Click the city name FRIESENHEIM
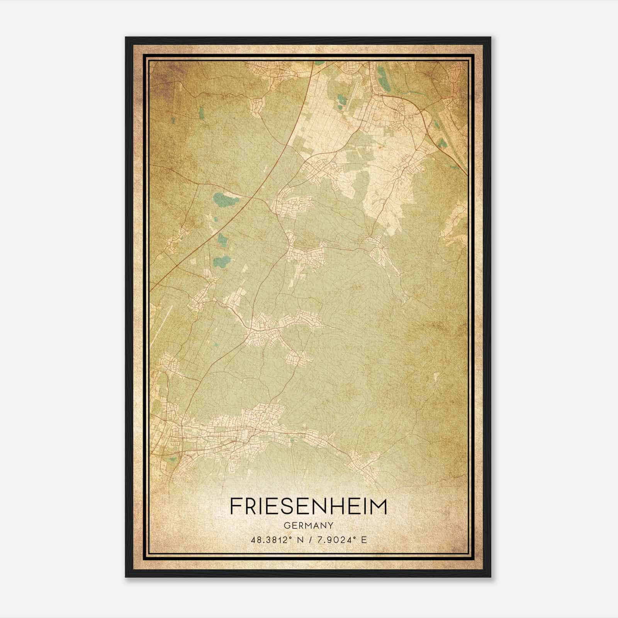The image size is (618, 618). (x=308, y=506)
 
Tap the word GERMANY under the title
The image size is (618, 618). (x=308, y=525)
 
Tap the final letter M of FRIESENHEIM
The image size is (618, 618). (x=378, y=506)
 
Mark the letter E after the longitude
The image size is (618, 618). (x=363, y=540)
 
